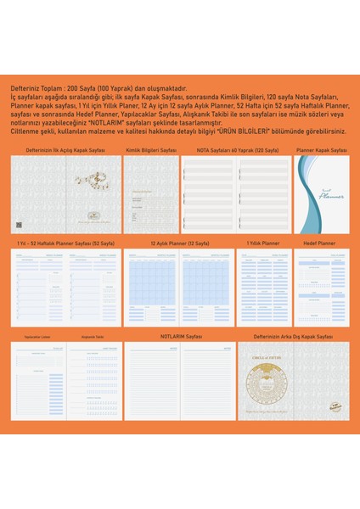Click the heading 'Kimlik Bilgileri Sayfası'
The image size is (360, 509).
151,149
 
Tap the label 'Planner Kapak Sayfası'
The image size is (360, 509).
321,149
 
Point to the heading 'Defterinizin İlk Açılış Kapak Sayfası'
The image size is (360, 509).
65,149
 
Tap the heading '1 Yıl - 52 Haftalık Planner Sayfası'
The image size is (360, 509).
65,243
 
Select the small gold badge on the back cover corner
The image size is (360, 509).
339,408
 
